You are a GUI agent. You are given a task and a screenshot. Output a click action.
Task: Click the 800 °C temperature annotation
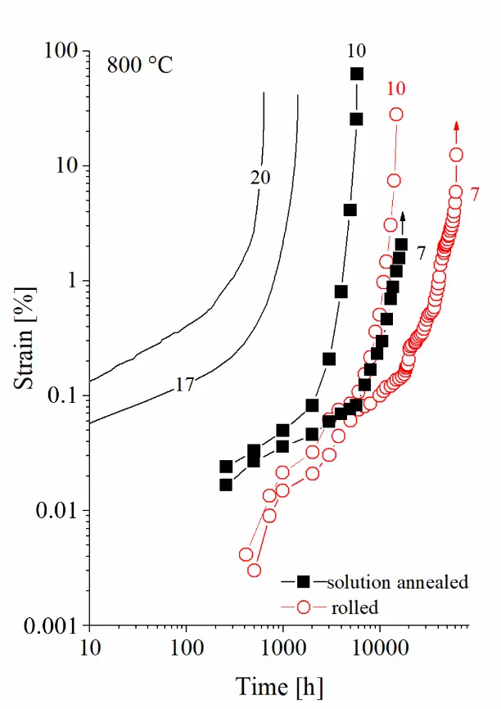(x=140, y=65)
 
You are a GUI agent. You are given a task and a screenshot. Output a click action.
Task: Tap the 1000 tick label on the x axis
(x=283, y=647)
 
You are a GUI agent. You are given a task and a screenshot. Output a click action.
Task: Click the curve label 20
(x=260, y=177)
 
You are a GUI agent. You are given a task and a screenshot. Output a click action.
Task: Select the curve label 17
(x=185, y=383)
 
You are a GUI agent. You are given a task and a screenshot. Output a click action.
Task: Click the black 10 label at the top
(x=355, y=52)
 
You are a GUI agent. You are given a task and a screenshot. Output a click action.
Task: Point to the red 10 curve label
(x=395, y=88)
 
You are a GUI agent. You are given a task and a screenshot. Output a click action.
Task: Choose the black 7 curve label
(x=421, y=253)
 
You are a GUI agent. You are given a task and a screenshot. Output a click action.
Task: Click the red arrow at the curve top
(x=456, y=127)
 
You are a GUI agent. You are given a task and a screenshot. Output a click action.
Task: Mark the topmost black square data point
(x=357, y=74)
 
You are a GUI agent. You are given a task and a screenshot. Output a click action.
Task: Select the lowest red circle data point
(x=255, y=570)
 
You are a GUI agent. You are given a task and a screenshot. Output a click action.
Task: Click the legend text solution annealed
(x=397, y=582)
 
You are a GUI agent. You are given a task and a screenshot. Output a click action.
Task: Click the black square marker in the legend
(x=303, y=582)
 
